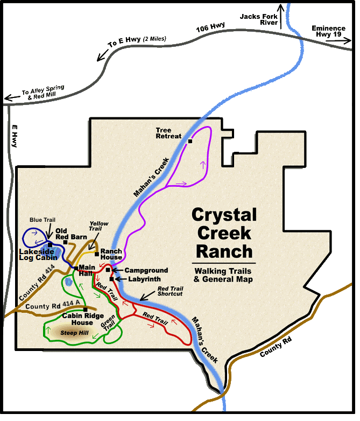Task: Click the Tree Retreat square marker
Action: pos(190,142)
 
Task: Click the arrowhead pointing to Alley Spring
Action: pos(6,98)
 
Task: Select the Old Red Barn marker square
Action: pos(65,242)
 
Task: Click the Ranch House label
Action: pos(111,254)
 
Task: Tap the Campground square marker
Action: pos(108,270)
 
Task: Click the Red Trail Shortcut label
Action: pos(170,291)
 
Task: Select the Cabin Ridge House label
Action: pos(78,319)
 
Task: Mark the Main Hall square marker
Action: pos(76,268)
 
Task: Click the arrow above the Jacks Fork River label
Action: pos(280,9)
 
